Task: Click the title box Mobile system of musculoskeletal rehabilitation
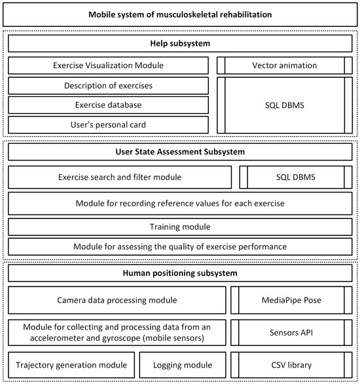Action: tap(180, 14)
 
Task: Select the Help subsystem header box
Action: tap(180, 44)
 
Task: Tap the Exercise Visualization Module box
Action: tap(109, 65)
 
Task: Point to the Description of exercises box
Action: tap(109, 86)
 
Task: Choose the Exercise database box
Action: tap(109, 105)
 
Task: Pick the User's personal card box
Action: tap(109, 124)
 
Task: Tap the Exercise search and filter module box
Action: tap(120, 177)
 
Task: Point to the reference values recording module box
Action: tap(180, 203)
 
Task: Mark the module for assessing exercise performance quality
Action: tap(180, 246)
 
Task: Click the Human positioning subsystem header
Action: tap(180, 273)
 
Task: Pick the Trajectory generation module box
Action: tap(73, 364)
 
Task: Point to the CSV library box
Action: tap(293, 364)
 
